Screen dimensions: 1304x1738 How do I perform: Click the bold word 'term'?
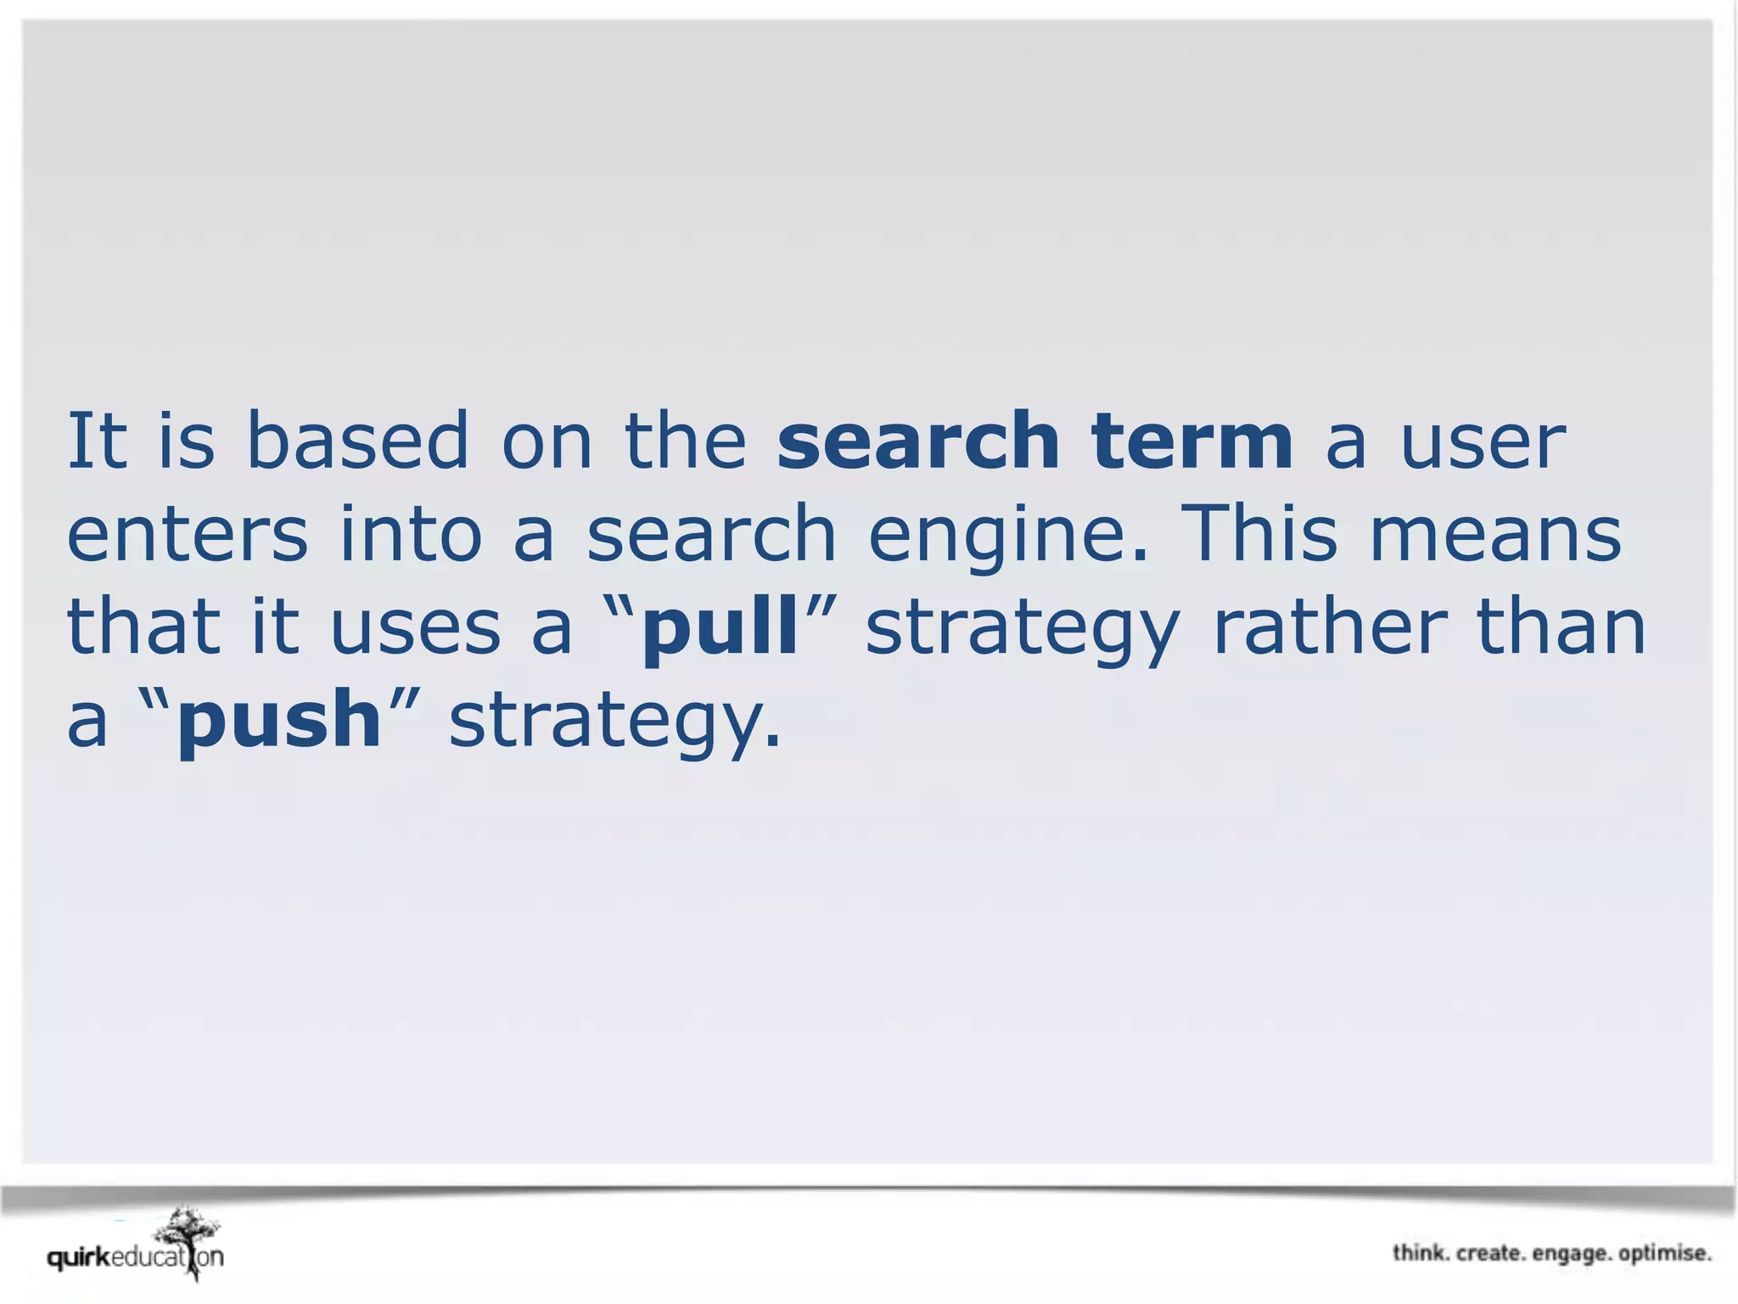tap(1192, 441)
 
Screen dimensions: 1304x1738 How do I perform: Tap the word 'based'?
tap(356, 441)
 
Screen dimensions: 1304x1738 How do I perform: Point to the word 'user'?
tap(1482, 442)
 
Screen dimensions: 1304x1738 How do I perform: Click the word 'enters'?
tap(187, 534)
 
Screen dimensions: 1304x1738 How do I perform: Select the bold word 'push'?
tap(279, 721)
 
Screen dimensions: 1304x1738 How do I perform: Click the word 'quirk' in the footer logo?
tap(79, 1257)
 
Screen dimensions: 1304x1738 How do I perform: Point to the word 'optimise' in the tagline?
tap(1665, 1253)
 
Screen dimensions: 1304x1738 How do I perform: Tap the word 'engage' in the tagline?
tap(1570, 1254)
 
